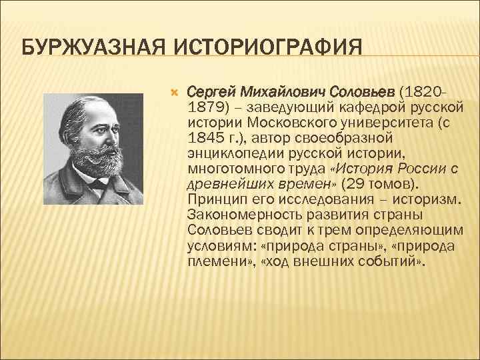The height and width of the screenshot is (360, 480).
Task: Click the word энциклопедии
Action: point(235,153)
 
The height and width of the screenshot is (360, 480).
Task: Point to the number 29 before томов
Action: point(351,183)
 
